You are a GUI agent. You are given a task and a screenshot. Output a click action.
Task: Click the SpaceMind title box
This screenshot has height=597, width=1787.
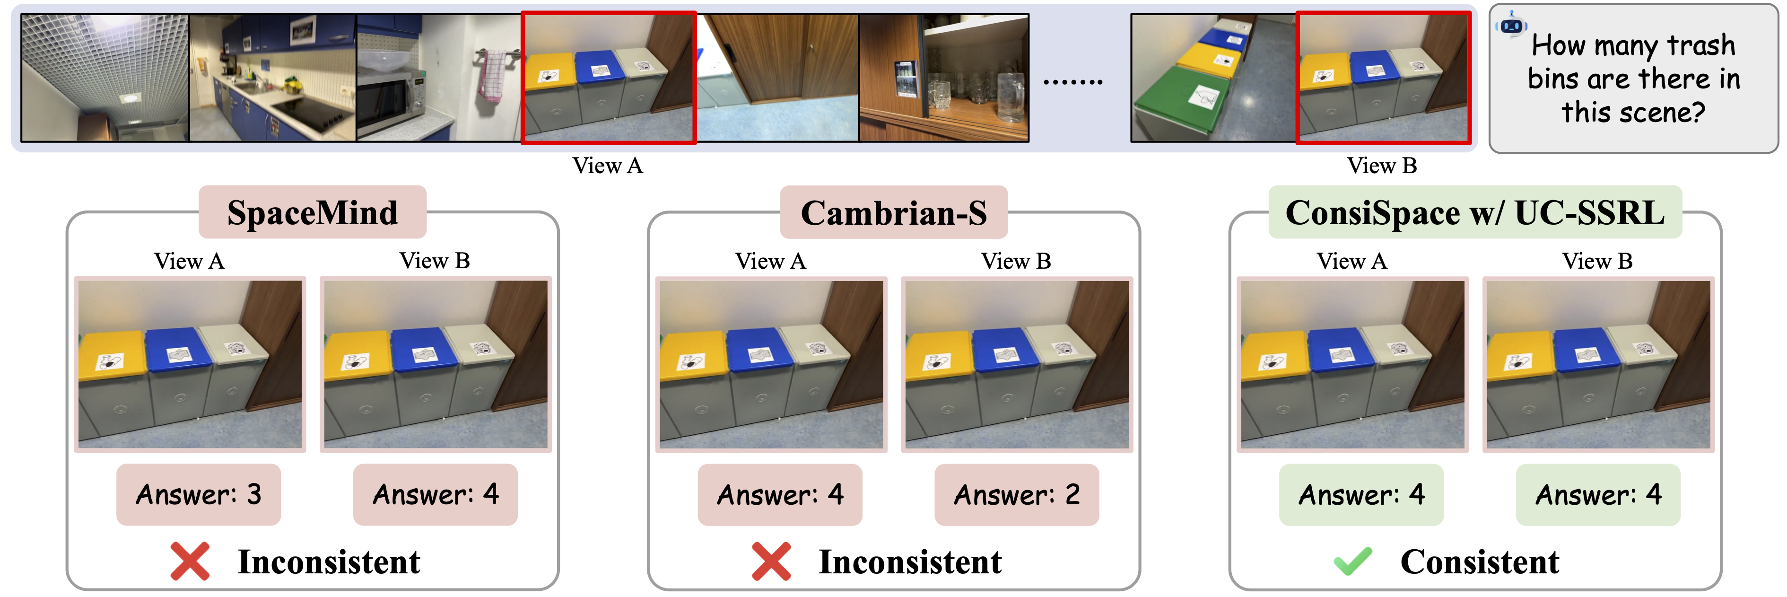[x=312, y=212]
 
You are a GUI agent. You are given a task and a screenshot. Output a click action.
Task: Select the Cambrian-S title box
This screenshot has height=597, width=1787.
[x=894, y=212]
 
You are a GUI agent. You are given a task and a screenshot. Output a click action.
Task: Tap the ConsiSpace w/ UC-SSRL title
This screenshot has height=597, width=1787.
[x=1475, y=212]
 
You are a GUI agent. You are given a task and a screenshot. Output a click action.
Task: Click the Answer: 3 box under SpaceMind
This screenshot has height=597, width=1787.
[x=199, y=494]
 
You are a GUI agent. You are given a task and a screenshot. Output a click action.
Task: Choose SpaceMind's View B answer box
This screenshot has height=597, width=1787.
[x=435, y=494]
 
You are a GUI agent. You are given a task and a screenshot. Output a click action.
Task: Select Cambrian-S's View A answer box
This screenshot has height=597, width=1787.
[x=780, y=494]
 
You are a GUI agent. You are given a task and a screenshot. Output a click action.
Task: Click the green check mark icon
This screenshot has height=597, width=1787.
[x=1352, y=561]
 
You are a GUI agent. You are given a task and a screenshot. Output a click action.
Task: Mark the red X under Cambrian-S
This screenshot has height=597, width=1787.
[x=771, y=561]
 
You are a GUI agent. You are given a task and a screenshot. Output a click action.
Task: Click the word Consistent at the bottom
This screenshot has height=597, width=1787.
[x=1480, y=562]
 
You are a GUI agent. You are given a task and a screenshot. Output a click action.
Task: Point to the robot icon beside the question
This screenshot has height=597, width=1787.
[x=1512, y=25]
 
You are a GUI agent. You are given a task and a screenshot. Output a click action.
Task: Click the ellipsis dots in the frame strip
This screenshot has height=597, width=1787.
[x=1072, y=82]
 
